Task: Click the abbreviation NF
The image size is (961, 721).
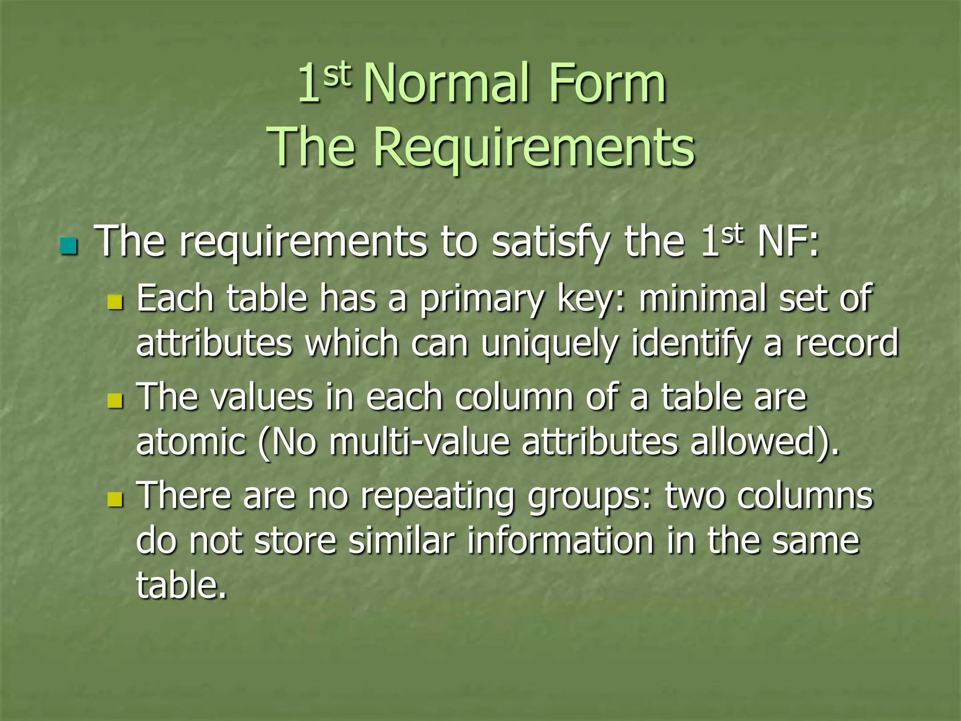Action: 782,242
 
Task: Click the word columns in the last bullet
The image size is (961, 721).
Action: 804,496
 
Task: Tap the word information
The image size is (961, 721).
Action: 560,541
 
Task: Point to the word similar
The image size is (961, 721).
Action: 402,541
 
